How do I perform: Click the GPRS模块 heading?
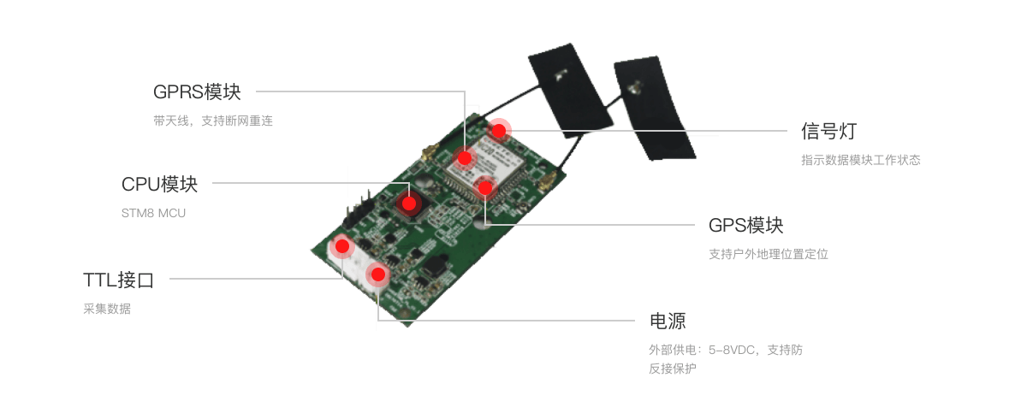197,92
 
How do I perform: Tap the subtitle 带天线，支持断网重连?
213,121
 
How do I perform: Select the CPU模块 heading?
159,184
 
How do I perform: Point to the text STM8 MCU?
153,214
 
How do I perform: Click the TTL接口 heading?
118,280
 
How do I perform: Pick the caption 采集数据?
107,309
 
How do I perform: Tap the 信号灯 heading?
829,132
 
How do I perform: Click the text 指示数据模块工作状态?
861,160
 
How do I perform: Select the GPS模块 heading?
746,225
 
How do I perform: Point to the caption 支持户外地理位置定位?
769,254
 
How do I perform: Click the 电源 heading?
668,321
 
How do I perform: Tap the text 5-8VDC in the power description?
731,351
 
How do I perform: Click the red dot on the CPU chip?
409,203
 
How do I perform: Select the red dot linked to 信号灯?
499,131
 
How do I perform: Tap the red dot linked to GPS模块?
485,188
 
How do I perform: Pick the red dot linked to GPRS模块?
465,158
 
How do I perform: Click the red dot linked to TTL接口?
342,246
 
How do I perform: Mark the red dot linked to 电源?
377,274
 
